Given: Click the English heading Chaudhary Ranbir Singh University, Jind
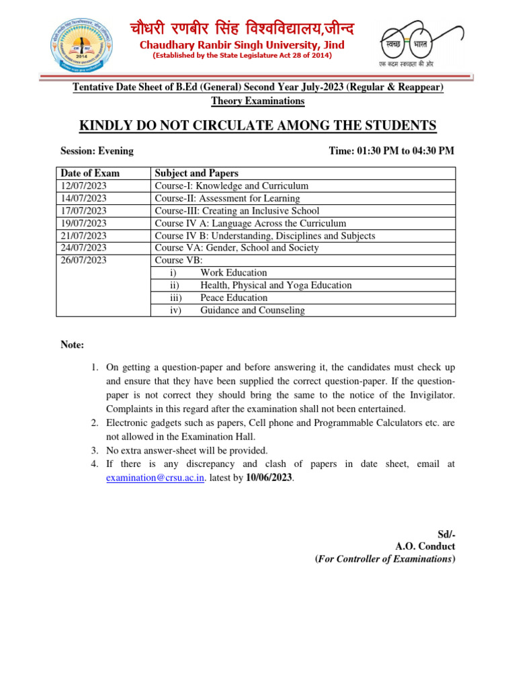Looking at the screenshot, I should (241, 45).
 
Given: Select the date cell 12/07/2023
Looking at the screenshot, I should (84, 186).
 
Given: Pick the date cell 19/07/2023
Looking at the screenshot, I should (84, 223).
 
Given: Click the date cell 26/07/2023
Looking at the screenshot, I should (84, 260).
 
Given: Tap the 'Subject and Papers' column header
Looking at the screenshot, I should (196, 173).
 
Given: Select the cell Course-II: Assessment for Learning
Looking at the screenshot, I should (227, 198).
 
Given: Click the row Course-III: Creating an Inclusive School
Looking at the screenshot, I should (236, 211).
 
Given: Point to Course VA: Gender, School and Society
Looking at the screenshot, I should (236, 248).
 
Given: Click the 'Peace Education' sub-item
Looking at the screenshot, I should (233, 298).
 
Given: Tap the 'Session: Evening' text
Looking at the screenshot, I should (97, 150).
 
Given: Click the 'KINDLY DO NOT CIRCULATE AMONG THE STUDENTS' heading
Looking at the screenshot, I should (258, 126).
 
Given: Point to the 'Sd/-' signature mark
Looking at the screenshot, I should (446, 534).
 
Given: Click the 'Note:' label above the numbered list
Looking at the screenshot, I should (73, 345).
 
